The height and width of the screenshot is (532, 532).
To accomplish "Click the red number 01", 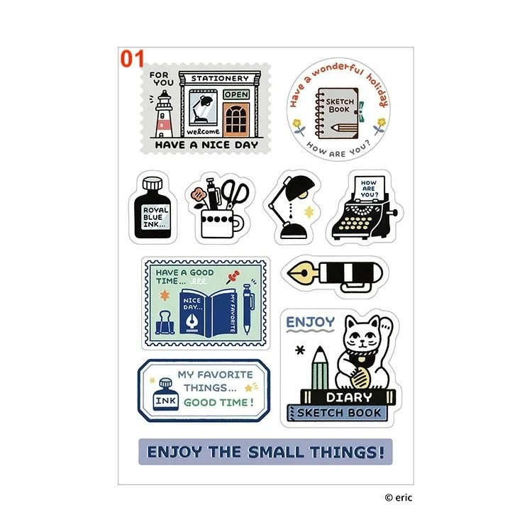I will coord(132,59).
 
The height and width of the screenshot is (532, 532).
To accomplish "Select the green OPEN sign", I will coord(237,94).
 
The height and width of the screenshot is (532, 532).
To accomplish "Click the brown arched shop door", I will coord(236,120).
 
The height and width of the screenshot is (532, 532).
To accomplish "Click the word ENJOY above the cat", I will coord(310,323).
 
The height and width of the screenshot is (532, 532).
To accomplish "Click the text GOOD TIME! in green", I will coord(218,402).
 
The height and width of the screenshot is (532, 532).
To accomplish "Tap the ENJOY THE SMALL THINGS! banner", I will coord(265,451).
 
